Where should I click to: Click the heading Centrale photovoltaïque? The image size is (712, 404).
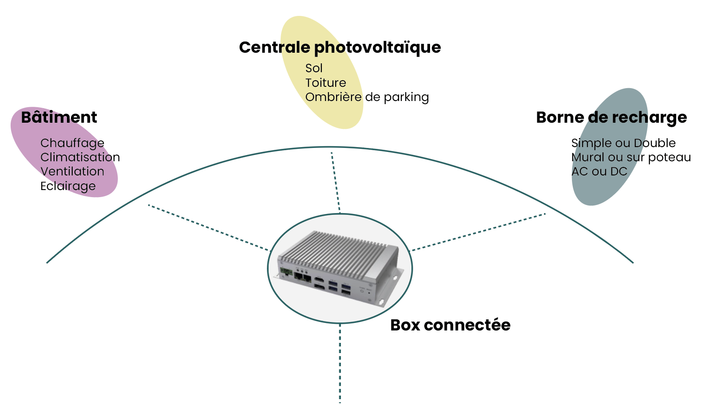click(340, 47)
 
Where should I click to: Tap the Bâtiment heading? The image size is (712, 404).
click(59, 117)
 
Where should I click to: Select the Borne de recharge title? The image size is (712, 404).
click(611, 117)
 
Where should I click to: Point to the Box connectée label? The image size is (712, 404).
click(450, 325)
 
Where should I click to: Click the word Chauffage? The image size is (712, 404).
click(72, 143)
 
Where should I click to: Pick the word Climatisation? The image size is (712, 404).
click(80, 157)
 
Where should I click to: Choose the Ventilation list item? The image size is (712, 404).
click(72, 171)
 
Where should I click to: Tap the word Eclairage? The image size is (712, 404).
click(68, 186)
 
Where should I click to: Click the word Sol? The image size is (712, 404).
click(314, 68)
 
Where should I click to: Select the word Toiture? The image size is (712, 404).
click(325, 83)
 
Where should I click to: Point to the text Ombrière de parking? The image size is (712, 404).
click(367, 97)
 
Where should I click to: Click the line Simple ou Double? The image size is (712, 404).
click(623, 143)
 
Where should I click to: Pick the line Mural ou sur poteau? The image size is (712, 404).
click(630, 157)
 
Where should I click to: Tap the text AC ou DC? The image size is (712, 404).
click(599, 171)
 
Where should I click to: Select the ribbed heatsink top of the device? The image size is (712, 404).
click(337, 250)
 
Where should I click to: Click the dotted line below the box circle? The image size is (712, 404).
click(340, 363)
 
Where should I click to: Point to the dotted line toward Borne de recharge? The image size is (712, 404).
click(479, 232)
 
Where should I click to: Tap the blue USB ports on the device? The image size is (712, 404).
click(339, 286)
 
